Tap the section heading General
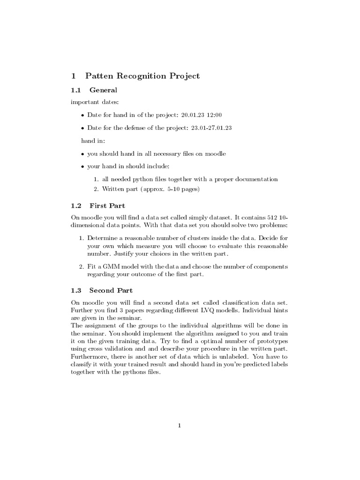(103, 90)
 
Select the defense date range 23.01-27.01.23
(212, 127)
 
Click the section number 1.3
(76, 290)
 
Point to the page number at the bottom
(180, 426)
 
